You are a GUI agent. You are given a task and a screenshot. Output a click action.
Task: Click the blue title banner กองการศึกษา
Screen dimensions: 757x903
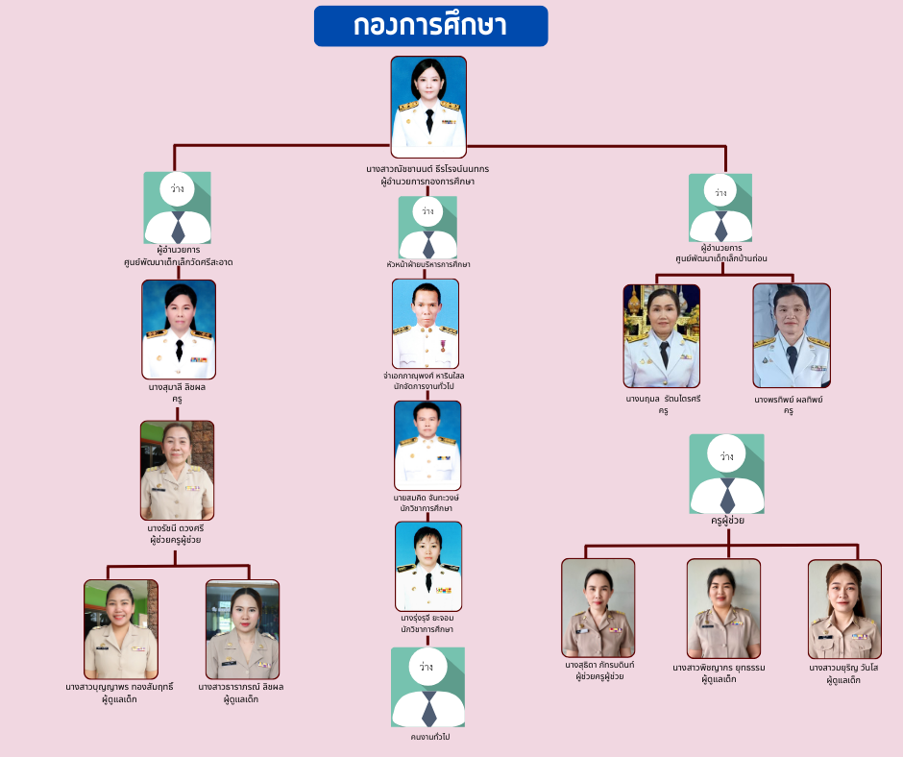click(x=430, y=26)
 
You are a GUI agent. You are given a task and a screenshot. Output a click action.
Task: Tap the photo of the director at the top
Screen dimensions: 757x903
click(x=428, y=107)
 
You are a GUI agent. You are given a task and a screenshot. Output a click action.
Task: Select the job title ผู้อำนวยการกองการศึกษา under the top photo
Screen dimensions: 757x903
click(x=427, y=181)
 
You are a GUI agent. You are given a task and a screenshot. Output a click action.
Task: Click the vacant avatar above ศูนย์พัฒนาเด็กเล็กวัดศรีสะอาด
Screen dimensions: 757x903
click(x=178, y=208)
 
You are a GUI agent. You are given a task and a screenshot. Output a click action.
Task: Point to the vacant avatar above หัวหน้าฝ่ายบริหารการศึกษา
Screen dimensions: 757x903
click(x=427, y=228)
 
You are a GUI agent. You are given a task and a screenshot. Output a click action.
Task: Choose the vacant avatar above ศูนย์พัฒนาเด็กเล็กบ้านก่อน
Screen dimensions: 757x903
click(x=720, y=208)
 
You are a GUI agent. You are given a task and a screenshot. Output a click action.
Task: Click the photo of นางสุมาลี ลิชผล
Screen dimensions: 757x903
click(x=179, y=329)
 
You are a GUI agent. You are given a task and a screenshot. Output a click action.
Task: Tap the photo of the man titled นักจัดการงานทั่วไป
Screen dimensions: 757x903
click(x=426, y=323)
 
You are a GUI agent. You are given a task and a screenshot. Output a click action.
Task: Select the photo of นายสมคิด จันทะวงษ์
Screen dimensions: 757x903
click(x=427, y=446)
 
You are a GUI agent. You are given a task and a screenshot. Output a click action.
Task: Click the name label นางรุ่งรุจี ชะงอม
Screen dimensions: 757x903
click(x=427, y=617)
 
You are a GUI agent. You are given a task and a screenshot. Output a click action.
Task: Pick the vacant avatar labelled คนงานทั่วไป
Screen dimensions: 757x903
click(x=428, y=687)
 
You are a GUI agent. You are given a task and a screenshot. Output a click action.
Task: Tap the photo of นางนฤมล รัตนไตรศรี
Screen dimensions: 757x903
click(x=662, y=335)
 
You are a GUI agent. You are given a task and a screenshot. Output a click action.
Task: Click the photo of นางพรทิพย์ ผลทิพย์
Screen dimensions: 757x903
click(x=792, y=335)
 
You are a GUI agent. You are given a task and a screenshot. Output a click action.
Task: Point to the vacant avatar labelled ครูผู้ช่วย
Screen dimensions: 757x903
click(x=727, y=473)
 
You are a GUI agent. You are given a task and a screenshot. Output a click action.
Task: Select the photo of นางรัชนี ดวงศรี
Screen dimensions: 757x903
click(x=177, y=470)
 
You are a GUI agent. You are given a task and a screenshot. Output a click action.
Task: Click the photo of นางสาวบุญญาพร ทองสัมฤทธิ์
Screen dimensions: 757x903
click(x=121, y=629)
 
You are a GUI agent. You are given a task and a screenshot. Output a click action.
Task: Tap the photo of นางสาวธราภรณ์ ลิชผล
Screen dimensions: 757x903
click(x=242, y=629)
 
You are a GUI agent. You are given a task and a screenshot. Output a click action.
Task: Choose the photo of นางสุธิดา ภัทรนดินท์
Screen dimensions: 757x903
click(x=598, y=607)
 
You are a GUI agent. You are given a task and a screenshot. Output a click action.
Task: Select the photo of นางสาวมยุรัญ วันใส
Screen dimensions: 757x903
click(x=844, y=609)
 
